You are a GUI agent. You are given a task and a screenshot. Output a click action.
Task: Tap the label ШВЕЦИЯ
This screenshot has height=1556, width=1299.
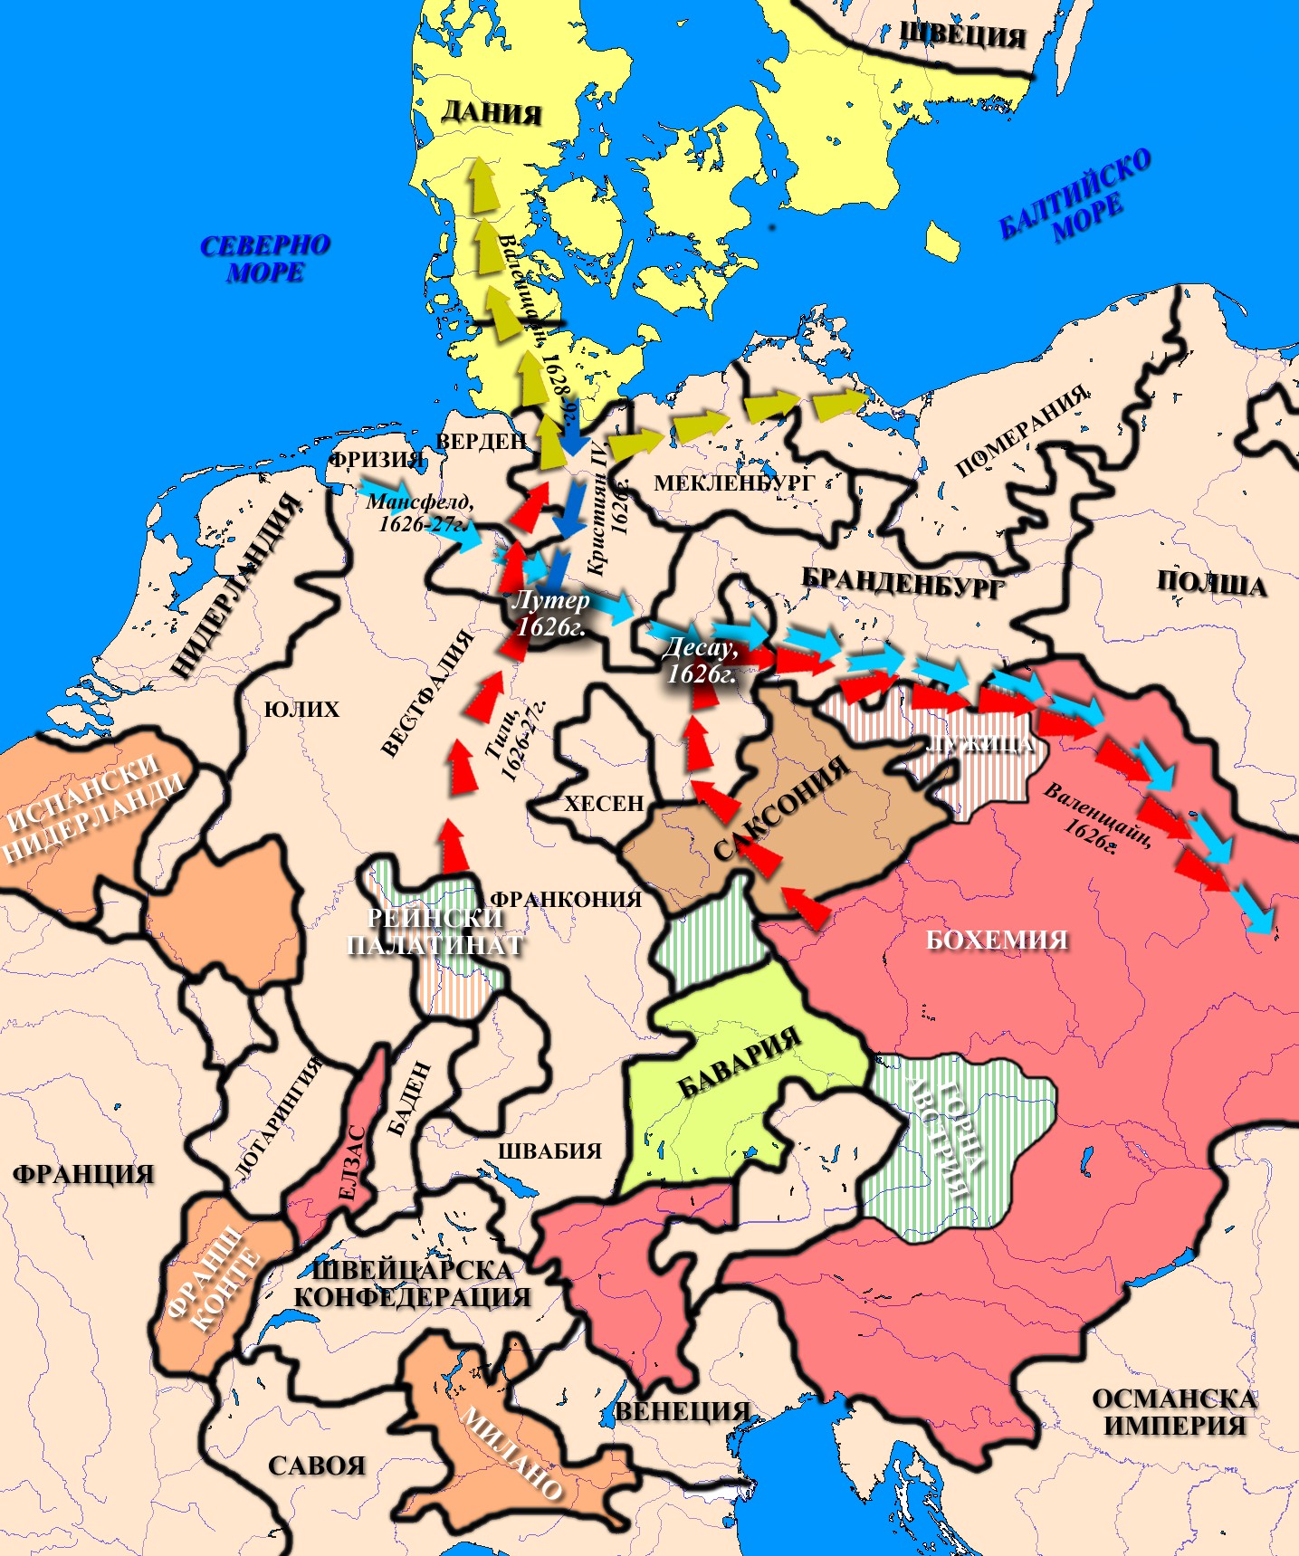tap(962, 35)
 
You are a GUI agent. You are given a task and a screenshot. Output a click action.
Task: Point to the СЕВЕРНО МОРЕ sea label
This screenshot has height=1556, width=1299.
tap(265, 259)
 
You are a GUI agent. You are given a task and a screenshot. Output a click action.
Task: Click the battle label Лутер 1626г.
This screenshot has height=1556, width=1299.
tap(550, 613)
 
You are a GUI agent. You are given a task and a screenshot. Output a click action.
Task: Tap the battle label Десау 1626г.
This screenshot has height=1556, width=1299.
tap(701, 660)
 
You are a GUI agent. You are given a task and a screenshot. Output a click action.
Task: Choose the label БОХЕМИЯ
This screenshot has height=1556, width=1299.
tap(997, 940)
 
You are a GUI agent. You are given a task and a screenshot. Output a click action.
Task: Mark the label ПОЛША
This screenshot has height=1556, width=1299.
tap(1211, 583)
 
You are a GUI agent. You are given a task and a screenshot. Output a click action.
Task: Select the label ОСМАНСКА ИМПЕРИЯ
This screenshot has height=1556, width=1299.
tap(1174, 1411)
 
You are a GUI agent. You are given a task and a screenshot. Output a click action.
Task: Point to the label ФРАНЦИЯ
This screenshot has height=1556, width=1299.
tap(83, 1174)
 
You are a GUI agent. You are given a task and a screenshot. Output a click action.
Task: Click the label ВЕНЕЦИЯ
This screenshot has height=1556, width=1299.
tap(683, 1410)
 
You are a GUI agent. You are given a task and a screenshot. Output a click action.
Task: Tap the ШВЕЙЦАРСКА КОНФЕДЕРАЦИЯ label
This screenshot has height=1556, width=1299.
tap(412, 1283)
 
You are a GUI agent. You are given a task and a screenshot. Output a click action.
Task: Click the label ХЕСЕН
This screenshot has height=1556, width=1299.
tap(604, 803)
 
